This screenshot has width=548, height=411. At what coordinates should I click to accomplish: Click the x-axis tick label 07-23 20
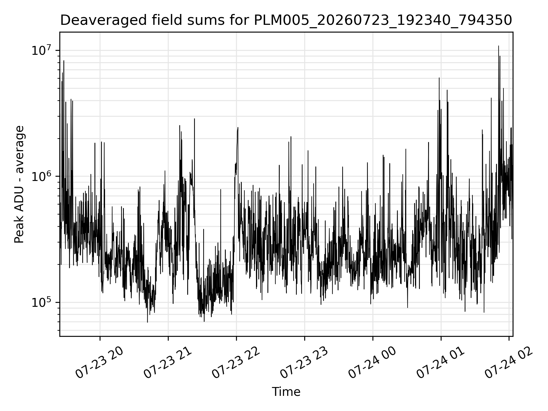coord(100,363)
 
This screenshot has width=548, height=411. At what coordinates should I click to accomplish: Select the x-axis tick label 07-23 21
coord(168,363)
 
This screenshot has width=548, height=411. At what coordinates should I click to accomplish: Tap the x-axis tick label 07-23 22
coord(236,363)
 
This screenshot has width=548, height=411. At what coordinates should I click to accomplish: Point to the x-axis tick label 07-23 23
coord(304,363)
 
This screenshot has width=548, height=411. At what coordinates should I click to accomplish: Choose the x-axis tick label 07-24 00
coord(372,363)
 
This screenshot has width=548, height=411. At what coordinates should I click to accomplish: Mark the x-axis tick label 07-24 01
coord(441,363)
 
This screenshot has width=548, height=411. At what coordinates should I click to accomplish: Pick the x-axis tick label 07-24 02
coord(509,363)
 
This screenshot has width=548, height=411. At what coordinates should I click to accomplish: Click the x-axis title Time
coord(286,392)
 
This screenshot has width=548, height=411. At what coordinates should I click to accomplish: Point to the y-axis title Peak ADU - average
coord(19,184)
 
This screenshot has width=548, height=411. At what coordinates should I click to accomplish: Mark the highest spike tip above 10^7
coord(499,46)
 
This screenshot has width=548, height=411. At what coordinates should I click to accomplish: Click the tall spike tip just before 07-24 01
coord(439,78)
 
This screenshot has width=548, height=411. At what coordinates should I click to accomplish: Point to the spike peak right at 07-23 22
coord(238,128)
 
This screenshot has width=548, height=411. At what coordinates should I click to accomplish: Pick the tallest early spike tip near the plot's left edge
coord(64,61)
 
